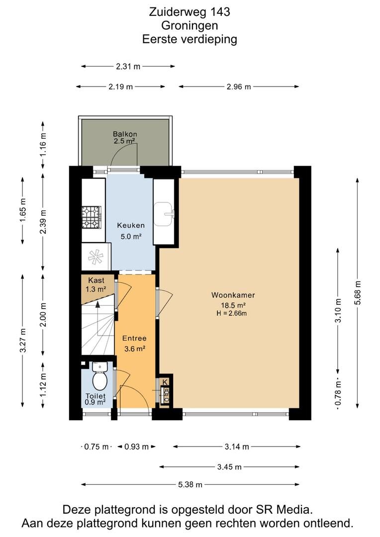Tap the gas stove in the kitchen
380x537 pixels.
click(92, 217)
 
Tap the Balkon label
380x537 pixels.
click(125, 134)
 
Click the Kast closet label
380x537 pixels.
click(96, 280)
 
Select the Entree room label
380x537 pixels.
click(134, 338)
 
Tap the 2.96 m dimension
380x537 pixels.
click(239, 87)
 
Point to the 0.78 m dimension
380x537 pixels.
click(338, 394)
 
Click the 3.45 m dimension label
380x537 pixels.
click(229, 467)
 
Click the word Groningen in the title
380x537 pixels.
click(190, 25)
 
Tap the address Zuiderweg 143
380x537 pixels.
click(190, 11)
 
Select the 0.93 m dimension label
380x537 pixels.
click(136, 447)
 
